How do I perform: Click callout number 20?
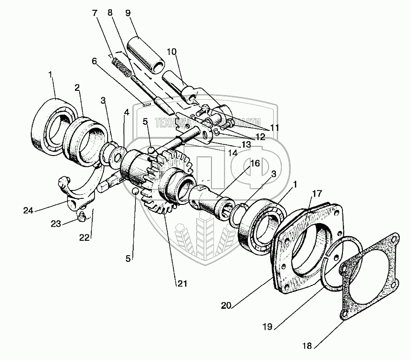225,306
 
